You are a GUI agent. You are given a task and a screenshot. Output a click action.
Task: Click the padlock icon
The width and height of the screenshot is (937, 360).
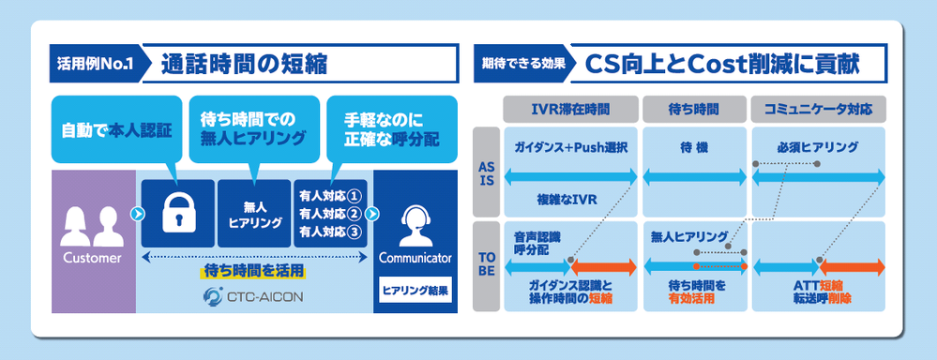click(x=177, y=213)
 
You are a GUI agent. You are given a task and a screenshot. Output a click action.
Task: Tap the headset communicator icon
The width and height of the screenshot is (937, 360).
click(x=416, y=226)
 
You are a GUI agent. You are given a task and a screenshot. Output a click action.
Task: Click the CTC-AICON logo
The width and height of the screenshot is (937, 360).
click(x=252, y=295)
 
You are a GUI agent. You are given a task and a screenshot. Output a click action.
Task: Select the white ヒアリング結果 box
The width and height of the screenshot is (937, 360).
click(x=416, y=290)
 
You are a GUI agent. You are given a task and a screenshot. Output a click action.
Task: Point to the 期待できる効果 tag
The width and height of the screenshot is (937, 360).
click(x=521, y=64)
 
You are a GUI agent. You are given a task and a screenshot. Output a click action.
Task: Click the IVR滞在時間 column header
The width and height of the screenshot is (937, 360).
click(x=570, y=110)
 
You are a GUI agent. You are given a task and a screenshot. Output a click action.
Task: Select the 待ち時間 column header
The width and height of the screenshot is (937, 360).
click(x=694, y=110)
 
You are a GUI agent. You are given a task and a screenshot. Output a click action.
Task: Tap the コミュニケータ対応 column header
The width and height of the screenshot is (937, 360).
click(x=818, y=110)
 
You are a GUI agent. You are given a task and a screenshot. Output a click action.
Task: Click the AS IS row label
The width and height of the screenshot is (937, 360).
click(x=487, y=172)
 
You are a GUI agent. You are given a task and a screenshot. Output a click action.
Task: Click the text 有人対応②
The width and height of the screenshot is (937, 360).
click(x=330, y=213)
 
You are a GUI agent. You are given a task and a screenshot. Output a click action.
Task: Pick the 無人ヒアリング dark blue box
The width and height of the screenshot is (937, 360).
click(x=254, y=213)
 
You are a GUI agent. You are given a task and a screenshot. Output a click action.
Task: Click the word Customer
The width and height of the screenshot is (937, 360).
click(x=92, y=258)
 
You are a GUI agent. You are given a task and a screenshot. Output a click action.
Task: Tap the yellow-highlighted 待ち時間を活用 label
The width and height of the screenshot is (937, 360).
click(x=252, y=272)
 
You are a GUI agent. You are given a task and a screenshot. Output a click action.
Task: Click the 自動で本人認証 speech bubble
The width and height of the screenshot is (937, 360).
click(x=116, y=130)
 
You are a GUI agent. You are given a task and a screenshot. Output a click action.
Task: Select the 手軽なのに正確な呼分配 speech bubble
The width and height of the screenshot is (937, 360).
click(x=391, y=130)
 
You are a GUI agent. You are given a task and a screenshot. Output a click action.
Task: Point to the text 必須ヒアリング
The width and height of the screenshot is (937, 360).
click(x=818, y=147)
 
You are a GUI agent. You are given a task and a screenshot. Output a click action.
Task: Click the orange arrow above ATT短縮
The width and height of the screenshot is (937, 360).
click(x=852, y=267)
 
